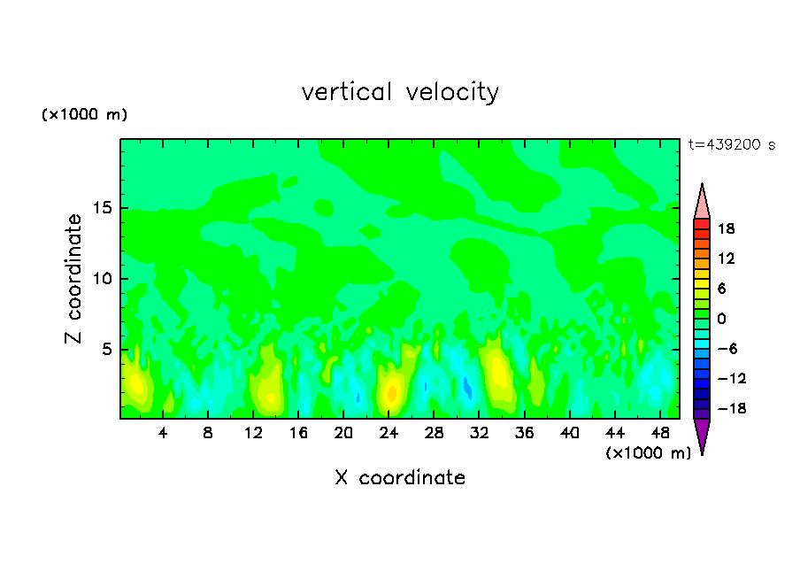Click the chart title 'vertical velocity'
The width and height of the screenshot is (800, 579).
point(400,92)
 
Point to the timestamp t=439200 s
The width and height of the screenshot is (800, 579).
point(731,144)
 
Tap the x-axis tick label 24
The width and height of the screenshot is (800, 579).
point(388,433)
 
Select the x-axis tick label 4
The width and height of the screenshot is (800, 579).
point(163,433)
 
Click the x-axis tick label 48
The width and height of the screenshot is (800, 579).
point(659,433)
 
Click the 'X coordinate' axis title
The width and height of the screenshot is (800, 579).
point(400,478)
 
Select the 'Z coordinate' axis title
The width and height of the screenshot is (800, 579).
point(73,279)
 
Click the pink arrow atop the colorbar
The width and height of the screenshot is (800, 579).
point(702,200)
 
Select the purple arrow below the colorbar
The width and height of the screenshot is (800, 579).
point(702,436)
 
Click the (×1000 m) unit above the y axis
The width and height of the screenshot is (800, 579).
point(84,115)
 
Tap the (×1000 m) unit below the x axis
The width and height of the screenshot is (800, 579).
point(648,453)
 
